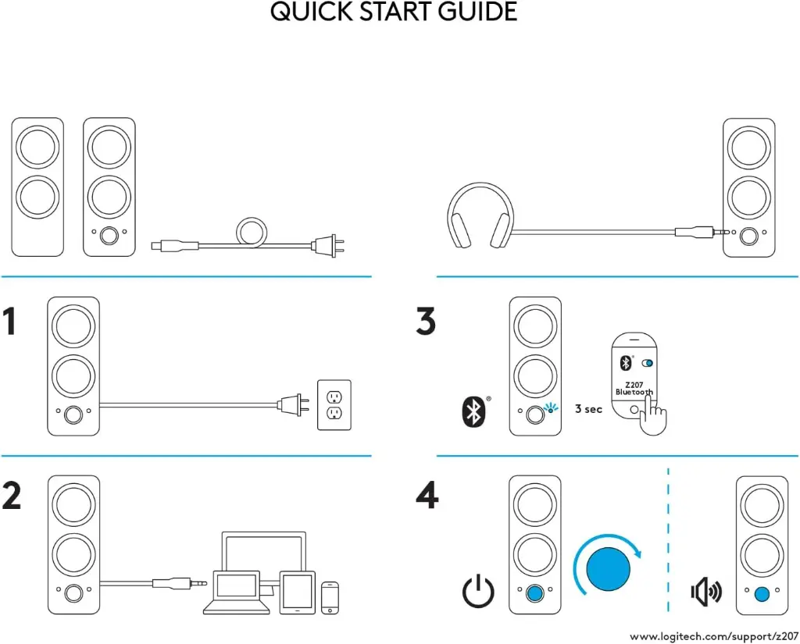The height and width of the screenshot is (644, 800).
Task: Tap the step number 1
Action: point(10,322)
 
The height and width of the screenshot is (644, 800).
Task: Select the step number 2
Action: point(12,496)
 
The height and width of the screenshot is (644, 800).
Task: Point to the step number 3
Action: point(426,322)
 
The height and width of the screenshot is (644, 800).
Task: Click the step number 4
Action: point(427,496)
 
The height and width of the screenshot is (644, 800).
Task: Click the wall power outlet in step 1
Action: point(334,404)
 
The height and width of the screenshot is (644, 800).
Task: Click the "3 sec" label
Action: point(588,409)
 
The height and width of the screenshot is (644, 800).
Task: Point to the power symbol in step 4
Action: point(478,592)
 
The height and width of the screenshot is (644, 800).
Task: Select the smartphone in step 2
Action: point(330,596)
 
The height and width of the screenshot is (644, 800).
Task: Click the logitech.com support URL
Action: point(713,635)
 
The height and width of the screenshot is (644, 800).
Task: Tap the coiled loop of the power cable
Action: point(252,232)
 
